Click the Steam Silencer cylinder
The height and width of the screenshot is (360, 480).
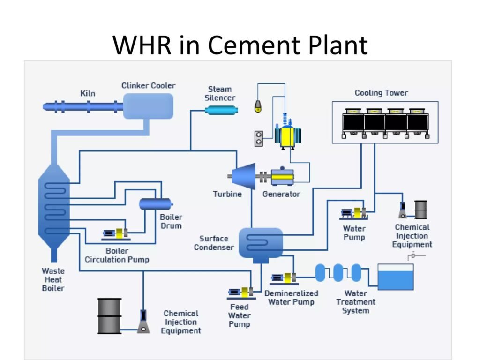pyautogui.click(x=221, y=110)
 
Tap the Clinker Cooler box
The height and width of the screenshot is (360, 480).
pyautogui.click(x=148, y=106)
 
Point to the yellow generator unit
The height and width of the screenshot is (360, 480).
pyautogui.click(x=282, y=177)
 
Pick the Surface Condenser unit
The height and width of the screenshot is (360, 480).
pyautogui.click(x=261, y=243)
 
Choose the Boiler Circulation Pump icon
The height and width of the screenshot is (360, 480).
pyautogui.click(x=117, y=233)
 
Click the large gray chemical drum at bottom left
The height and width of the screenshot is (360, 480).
pyautogui.click(x=109, y=316)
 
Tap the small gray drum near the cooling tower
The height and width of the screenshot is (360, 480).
pyautogui.click(x=421, y=210)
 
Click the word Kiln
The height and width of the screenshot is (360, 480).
pyautogui.click(x=88, y=93)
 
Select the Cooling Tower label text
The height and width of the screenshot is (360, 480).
pyautogui.click(x=381, y=93)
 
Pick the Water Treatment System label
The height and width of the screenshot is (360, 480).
pyautogui.click(x=356, y=302)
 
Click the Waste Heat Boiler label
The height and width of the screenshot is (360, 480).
pyautogui.click(x=53, y=279)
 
